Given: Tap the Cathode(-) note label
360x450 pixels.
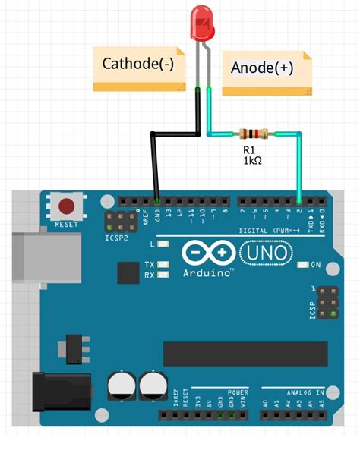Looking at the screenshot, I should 138,65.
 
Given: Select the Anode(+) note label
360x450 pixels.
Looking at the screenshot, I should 261,68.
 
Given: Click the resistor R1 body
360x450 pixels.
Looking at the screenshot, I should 253,134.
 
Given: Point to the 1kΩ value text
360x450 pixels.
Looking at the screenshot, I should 253,162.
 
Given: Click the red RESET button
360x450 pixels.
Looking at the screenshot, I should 68,206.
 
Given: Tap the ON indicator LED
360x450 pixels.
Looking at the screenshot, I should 304,265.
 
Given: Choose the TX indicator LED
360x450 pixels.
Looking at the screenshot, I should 162,264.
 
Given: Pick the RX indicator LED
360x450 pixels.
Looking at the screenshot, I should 162,275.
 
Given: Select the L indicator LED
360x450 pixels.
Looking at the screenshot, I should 162,244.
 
